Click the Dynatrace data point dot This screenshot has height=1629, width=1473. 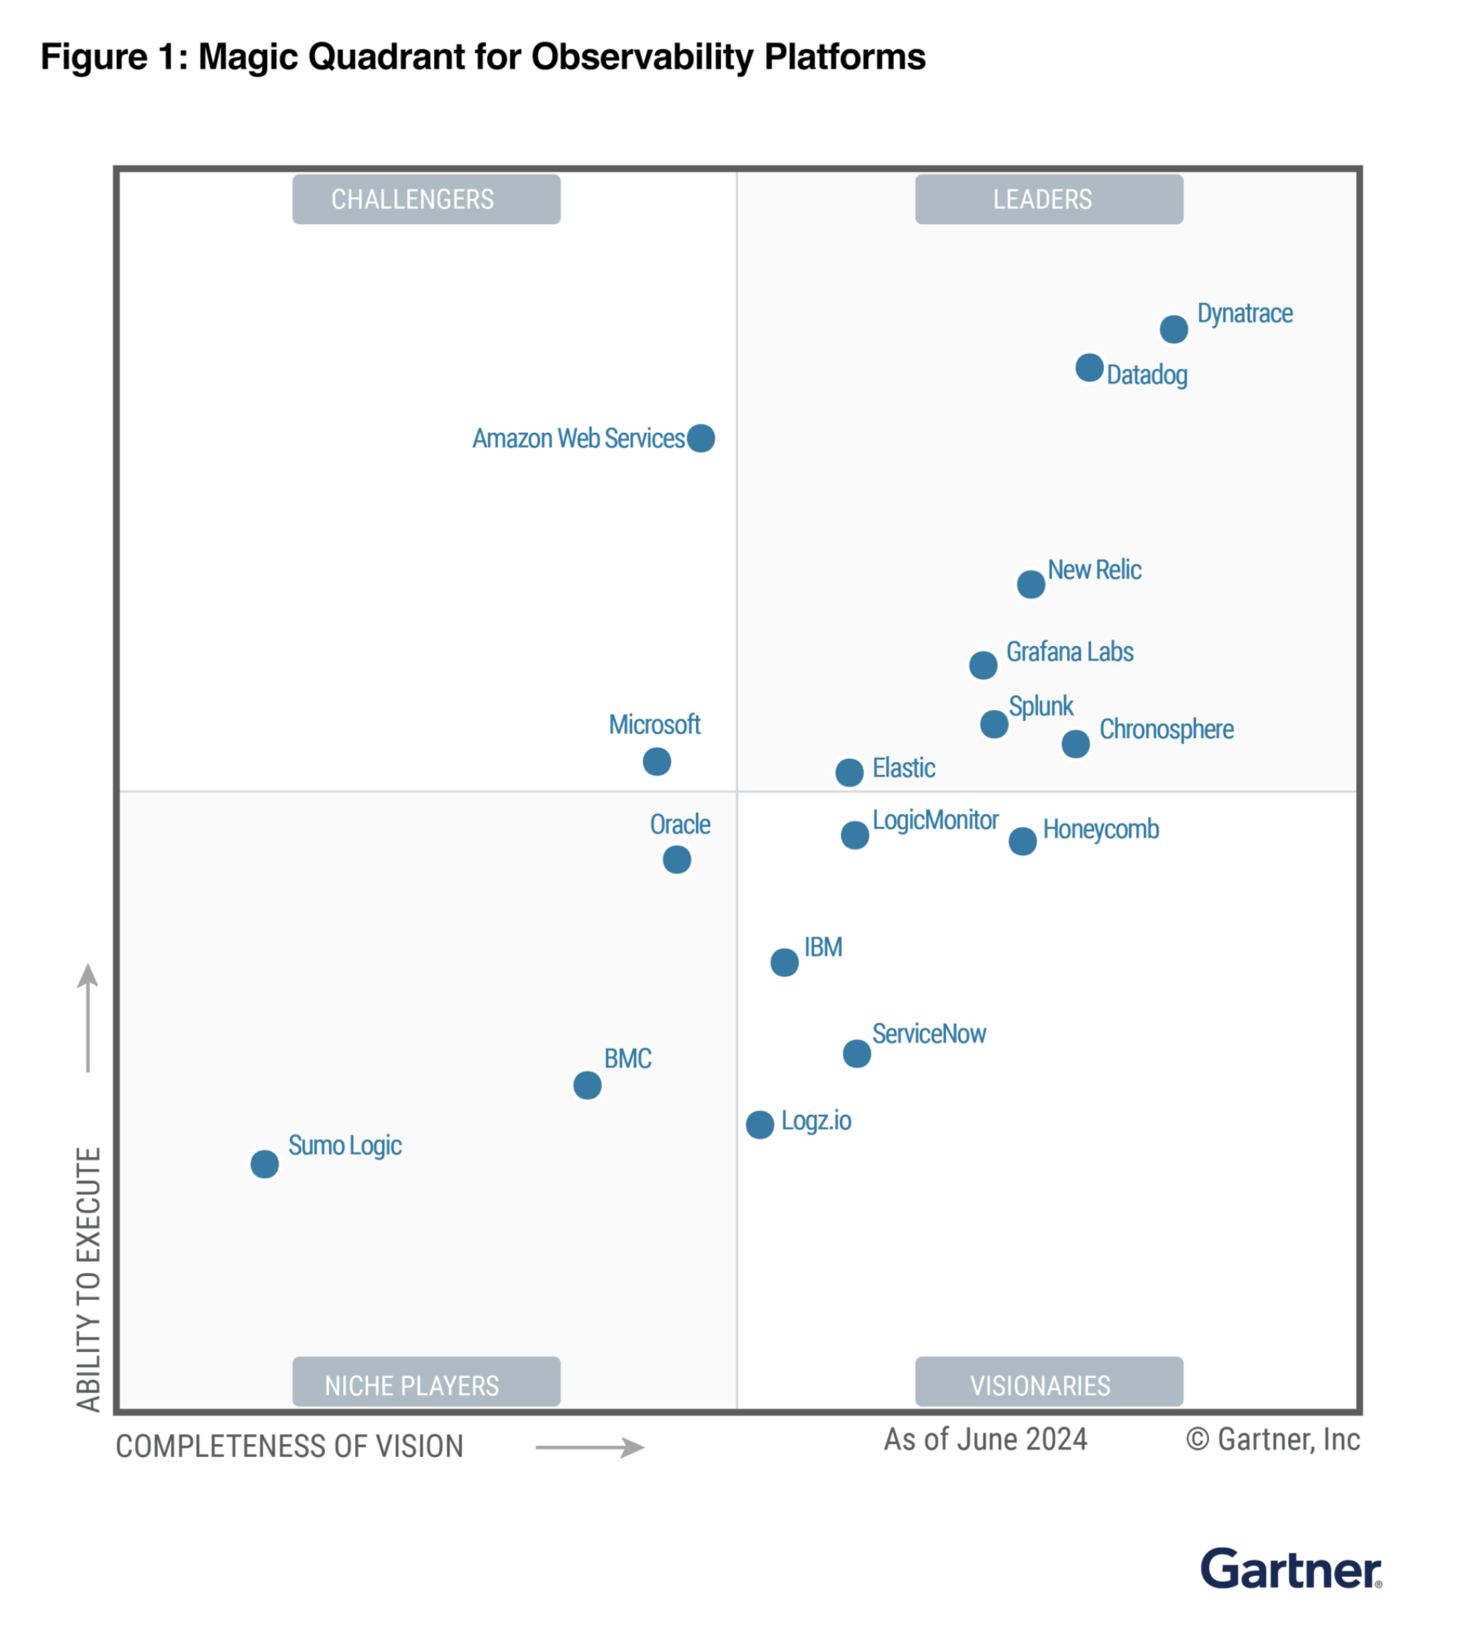pyautogui.click(x=1173, y=329)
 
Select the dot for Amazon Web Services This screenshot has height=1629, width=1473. pyautogui.click(x=700, y=438)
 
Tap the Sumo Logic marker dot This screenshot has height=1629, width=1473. pyautogui.click(x=264, y=1163)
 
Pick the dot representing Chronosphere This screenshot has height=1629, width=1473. pyautogui.click(x=1075, y=744)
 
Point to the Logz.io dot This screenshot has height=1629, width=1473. pyautogui.click(x=760, y=1124)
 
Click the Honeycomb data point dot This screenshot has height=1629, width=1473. pyautogui.click(x=1022, y=841)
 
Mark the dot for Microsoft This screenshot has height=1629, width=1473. pyautogui.click(x=656, y=761)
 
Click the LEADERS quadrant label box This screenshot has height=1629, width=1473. pyautogui.click(x=1048, y=200)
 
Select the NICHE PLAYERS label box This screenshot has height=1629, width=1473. pyautogui.click(x=426, y=1385)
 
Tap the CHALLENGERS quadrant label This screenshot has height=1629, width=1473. pyautogui.click(x=426, y=200)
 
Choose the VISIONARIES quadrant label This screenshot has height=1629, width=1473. pyautogui.click(x=1048, y=1385)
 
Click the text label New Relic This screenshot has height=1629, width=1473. pyautogui.click(x=1094, y=569)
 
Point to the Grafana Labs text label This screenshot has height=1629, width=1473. pyautogui.click(x=1069, y=652)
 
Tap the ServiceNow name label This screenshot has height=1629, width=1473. pyautogui.click(x=928, y=1034)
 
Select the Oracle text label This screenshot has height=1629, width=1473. pyautogui.click(x=680, y=824)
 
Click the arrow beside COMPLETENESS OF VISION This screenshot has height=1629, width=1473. pyautogui.click(x=590, y=1447)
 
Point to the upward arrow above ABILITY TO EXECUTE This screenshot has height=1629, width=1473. pyautogui.click(x=88, y=1018)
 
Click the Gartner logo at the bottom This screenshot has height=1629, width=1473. pyautogui.click(x=1290, y=1569)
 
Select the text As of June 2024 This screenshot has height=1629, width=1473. pyautogui.click(x=985, y=1439)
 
